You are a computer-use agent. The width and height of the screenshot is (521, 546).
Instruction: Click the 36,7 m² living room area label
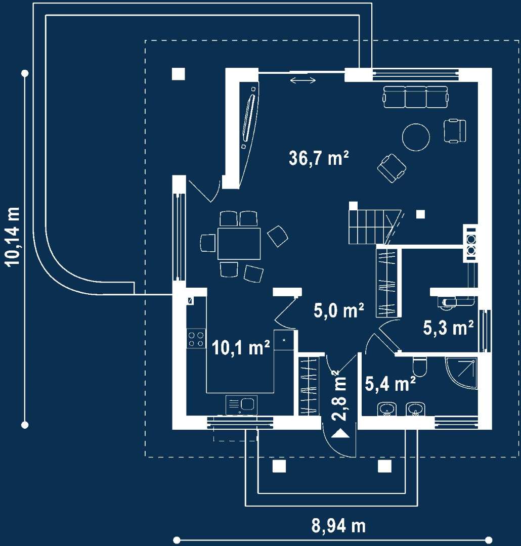coord(319,158)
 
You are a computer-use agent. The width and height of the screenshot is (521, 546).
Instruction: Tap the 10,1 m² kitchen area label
coord(241,347)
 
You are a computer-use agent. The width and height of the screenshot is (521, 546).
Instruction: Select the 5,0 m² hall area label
coord(339,310)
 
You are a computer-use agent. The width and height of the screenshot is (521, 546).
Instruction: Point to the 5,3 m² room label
coord(448,327)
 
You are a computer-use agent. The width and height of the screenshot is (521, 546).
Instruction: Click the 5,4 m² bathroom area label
coord(390,383)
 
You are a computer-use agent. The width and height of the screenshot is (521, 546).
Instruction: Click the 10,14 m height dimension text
coord(13,237)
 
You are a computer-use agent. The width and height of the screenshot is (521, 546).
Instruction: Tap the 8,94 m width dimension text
coord(338,526)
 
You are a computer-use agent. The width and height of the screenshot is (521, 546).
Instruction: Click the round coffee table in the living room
coord(416,137)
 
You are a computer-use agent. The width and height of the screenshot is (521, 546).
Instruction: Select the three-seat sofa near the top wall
coord(415,97)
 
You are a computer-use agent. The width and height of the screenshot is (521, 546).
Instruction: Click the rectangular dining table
coord(239,243)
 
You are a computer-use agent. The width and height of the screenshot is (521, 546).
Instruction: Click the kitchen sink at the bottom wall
coord(241,405)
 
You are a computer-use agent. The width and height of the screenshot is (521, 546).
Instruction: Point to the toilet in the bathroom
coord(420,367)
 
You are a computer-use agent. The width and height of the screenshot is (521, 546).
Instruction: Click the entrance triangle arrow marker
coord(340,434)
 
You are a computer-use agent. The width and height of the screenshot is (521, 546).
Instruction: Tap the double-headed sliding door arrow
coord(303,80)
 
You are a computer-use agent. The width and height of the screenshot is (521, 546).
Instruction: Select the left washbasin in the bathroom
coord(386,409)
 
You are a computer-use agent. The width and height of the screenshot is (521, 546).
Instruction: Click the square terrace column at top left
coord(179,74)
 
